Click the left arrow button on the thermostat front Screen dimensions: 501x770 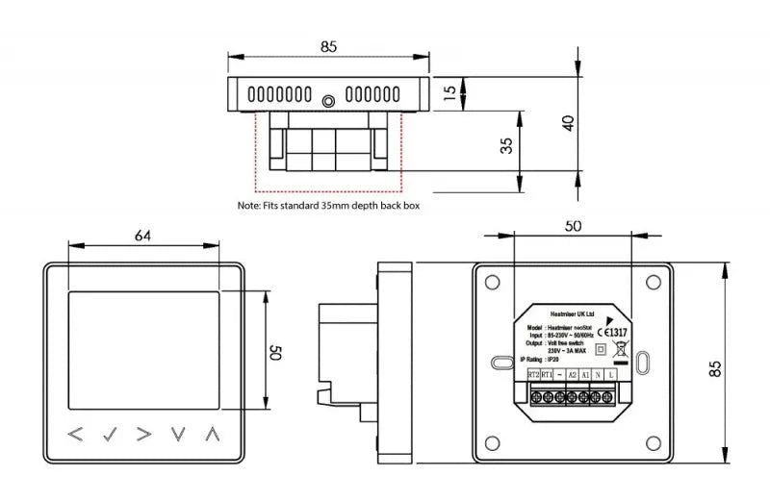click(x=77, y=434)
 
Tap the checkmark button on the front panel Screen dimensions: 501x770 click(x=111, y=434)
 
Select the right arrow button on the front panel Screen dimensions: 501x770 click(x=144, y=434)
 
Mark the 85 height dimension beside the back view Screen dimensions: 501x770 click(x=714, y=363)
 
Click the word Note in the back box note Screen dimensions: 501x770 click(x=247, y=205)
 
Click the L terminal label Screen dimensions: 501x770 click(x=613, y=373)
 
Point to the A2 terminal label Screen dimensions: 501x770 click(x=572, y=373)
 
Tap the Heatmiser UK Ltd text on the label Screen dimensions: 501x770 click(x=572, y=313)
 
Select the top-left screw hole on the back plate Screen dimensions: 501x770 click(x=492, y=282)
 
